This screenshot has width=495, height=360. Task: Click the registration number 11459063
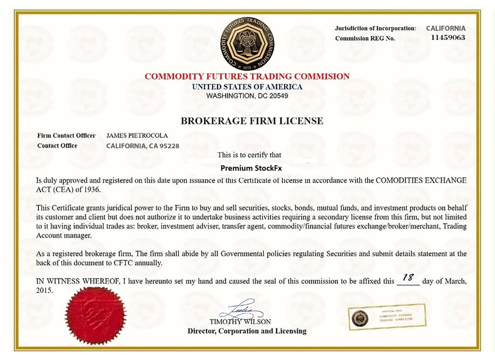[x=448, y=38]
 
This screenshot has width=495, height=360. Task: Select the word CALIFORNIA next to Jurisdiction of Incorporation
[x=445, y=28]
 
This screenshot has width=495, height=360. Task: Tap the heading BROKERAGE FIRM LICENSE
[x=252, y=121]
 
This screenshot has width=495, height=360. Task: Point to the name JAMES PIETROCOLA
[x=137, y=136]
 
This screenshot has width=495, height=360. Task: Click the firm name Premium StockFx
[x=251, y=168]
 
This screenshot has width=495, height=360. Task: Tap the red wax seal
[x=95, y=316]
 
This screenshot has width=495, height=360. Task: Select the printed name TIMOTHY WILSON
[x=240, y=321]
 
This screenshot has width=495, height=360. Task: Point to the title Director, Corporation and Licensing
[x=247, y=331]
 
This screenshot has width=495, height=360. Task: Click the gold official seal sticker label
[x=387, y=317]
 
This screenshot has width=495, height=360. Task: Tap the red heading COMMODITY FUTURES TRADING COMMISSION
[x=247, y=77]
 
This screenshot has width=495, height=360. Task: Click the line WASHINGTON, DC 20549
[x=247, y=96]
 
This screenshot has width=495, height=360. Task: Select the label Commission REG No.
[x=365, y=39]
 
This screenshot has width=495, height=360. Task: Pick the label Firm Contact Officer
[x=66, y=136]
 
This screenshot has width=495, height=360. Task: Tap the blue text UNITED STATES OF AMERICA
[x=247, y=87]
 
